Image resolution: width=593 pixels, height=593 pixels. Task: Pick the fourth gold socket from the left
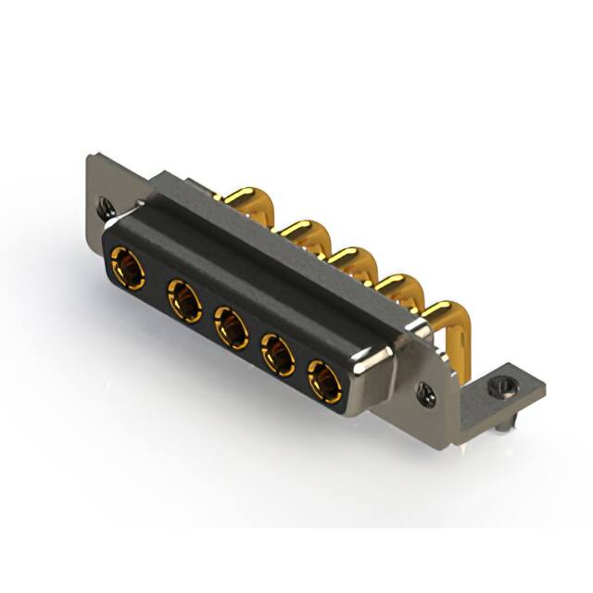click(x=277, y=353)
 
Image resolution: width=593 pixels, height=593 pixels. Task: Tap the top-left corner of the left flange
click(x=90, y=159)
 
